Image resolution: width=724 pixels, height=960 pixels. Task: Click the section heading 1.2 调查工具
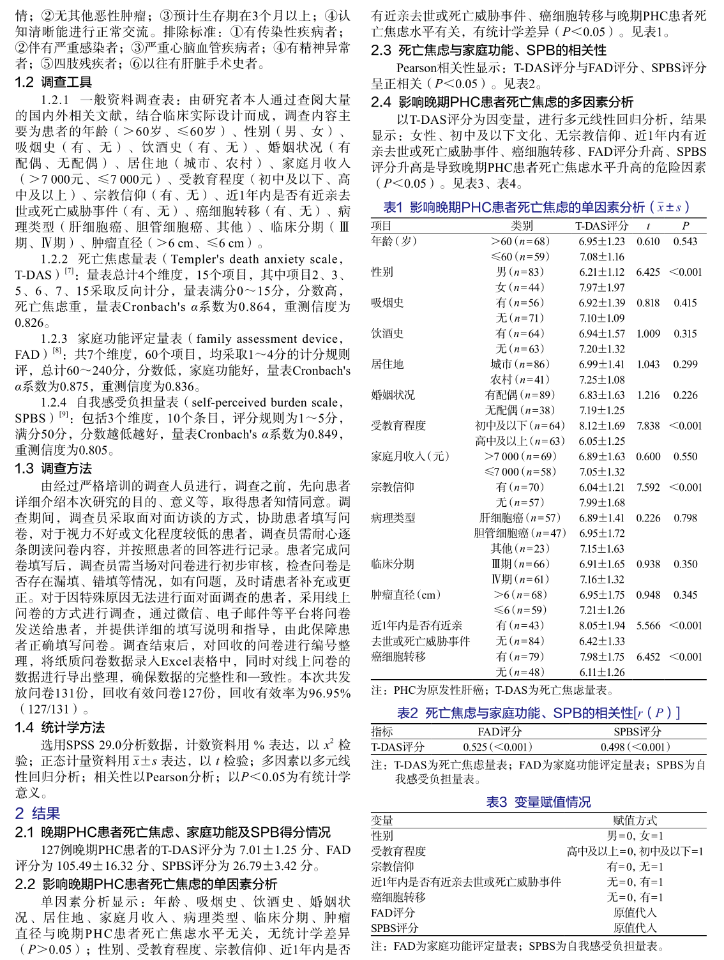point(54,82)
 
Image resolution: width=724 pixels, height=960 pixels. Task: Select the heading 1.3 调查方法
point(54,469)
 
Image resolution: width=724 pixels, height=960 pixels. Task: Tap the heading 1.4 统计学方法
point(60,728)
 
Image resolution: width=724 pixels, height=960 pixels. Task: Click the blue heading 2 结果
point(38,813)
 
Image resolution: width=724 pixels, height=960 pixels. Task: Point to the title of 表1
point(536,207)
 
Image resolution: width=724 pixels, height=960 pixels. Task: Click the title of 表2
point(538,713)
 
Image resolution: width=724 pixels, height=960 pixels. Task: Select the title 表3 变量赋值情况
point(538,802)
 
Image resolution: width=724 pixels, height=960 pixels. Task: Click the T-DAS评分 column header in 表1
point(601,226)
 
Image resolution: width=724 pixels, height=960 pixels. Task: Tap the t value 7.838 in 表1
point(648,426)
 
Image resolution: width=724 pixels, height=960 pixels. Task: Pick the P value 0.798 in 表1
point(685,518)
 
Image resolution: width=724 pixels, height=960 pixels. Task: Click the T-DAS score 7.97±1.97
point(601,287)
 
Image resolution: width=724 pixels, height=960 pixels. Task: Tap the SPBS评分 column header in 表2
point(637,732)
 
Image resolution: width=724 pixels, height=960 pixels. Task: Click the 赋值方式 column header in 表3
point(635,821)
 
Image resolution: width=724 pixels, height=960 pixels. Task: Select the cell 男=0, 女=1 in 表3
point(635,836)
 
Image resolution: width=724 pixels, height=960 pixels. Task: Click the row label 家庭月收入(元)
point(411,456)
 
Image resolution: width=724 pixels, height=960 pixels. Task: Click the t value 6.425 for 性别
point(648,272)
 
